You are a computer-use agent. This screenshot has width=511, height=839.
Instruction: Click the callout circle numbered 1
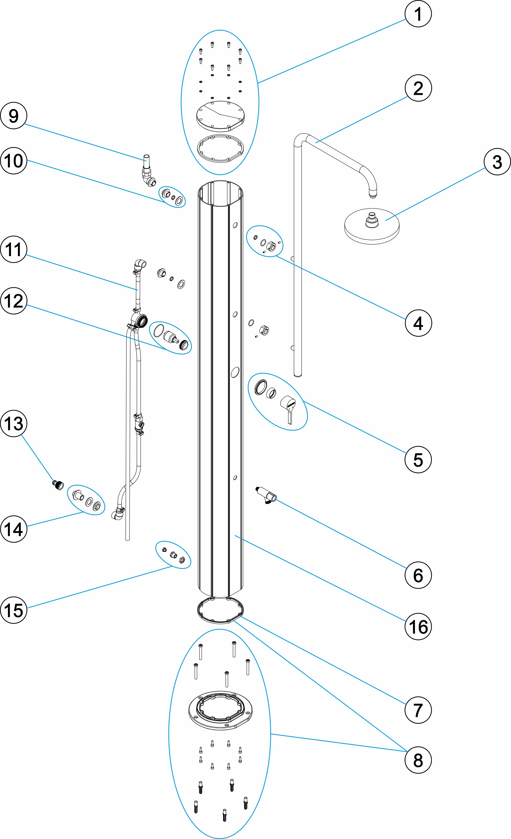click(418, 14)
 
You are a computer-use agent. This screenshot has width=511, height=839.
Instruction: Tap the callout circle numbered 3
click(497, 162)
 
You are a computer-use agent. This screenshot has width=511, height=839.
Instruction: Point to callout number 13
click(14, 424)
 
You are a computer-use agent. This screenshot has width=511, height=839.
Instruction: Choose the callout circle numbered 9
click(14, 116)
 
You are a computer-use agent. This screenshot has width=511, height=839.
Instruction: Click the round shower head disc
click(371, 226)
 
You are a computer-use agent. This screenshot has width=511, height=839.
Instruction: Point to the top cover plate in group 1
click(220, 116)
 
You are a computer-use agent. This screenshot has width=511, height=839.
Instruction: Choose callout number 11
click(14, 249)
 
